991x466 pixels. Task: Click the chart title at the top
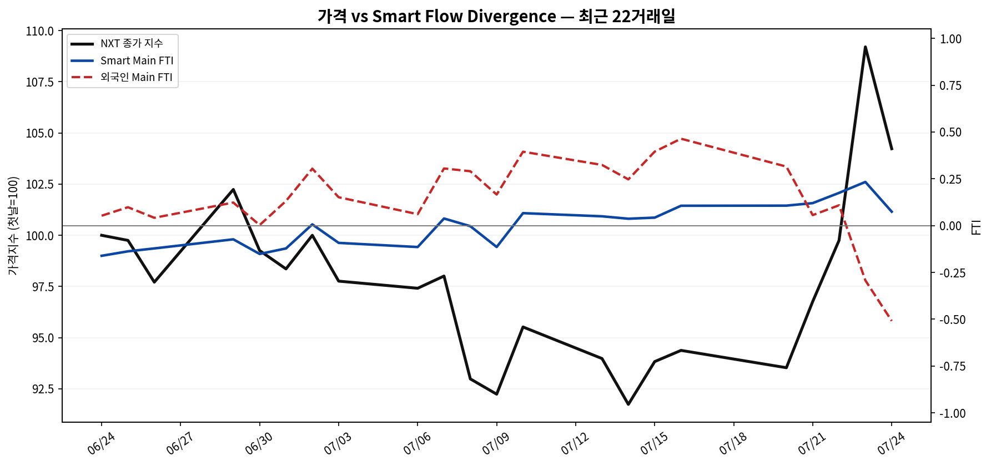point(496,16)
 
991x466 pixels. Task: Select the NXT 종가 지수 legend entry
point(132,43)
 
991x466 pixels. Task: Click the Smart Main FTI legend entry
point(137,60)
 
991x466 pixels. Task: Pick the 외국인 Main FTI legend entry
point(137,77)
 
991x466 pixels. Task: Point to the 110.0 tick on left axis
point(40,31)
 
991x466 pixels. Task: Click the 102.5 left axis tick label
point(40,184)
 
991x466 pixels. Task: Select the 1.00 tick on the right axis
point(950,39)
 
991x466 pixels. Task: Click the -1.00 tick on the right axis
point(952,413)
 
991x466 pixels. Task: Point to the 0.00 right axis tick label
point(950,226)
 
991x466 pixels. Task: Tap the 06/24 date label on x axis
point(101,443)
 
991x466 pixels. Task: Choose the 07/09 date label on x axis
point(496,443)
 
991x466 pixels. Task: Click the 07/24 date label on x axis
point(891,443)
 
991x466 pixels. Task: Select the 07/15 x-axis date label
point(654,443)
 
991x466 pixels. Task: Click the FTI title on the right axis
point(977,227)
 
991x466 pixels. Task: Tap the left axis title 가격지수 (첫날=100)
point(13,226)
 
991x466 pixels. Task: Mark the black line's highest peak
point(865,47)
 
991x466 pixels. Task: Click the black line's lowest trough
point(628,404)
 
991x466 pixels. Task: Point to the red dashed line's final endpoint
point(892,321)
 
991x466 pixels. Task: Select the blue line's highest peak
point(865,182)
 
